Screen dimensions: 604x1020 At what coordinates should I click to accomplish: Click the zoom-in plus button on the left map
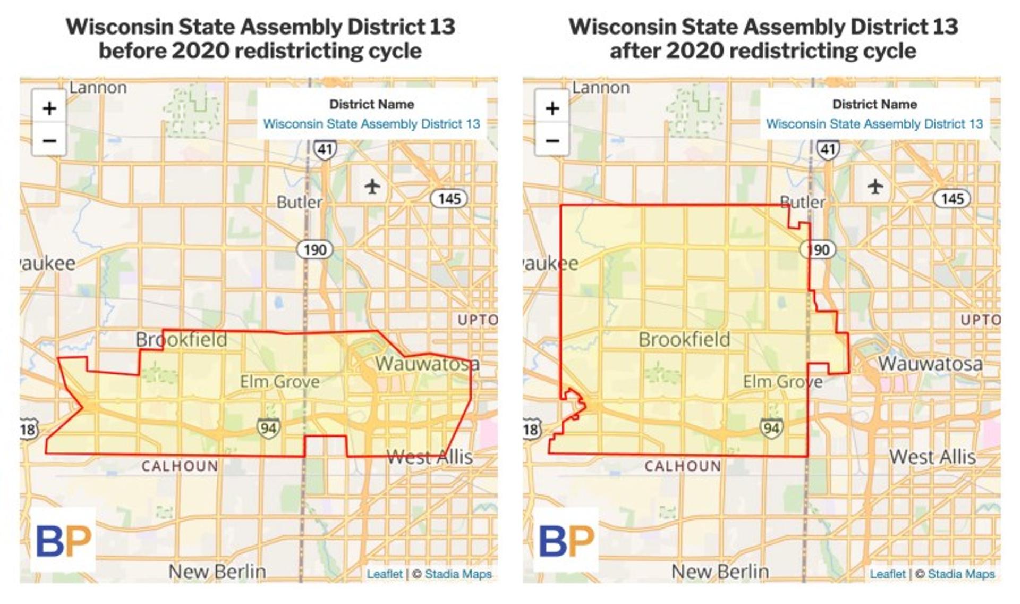coord(49,108)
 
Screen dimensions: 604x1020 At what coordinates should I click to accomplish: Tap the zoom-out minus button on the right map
coord(552,141)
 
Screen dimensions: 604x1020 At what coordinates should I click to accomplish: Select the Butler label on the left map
coord(299,202)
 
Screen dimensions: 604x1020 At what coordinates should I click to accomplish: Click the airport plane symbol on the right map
coord(875,187)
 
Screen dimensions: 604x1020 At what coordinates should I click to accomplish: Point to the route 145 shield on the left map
coord(449,199)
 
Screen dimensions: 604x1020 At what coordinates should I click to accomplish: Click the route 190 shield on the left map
coord(314,249)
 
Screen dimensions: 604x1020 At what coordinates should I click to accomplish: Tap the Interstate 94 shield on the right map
coord(771,428)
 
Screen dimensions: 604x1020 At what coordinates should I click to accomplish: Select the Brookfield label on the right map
coord(684,339)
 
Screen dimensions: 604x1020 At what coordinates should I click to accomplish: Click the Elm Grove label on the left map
coord(279,381)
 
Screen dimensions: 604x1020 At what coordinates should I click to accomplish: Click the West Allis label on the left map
coord(429,457)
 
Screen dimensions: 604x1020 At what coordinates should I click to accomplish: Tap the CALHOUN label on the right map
coord(683,466)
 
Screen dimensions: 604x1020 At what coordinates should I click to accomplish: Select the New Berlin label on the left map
coord(217,572)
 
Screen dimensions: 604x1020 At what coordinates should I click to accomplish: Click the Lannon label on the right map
coord(601,87)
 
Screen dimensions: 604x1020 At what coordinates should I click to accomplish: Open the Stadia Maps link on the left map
coord(458,574)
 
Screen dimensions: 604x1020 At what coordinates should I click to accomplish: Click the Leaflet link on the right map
coord(888,574)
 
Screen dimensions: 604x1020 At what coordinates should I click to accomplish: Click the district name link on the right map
coord(874,124)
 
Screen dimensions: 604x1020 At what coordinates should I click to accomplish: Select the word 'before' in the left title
coord(132,51)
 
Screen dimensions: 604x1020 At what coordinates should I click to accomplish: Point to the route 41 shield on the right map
coord(828,149)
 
